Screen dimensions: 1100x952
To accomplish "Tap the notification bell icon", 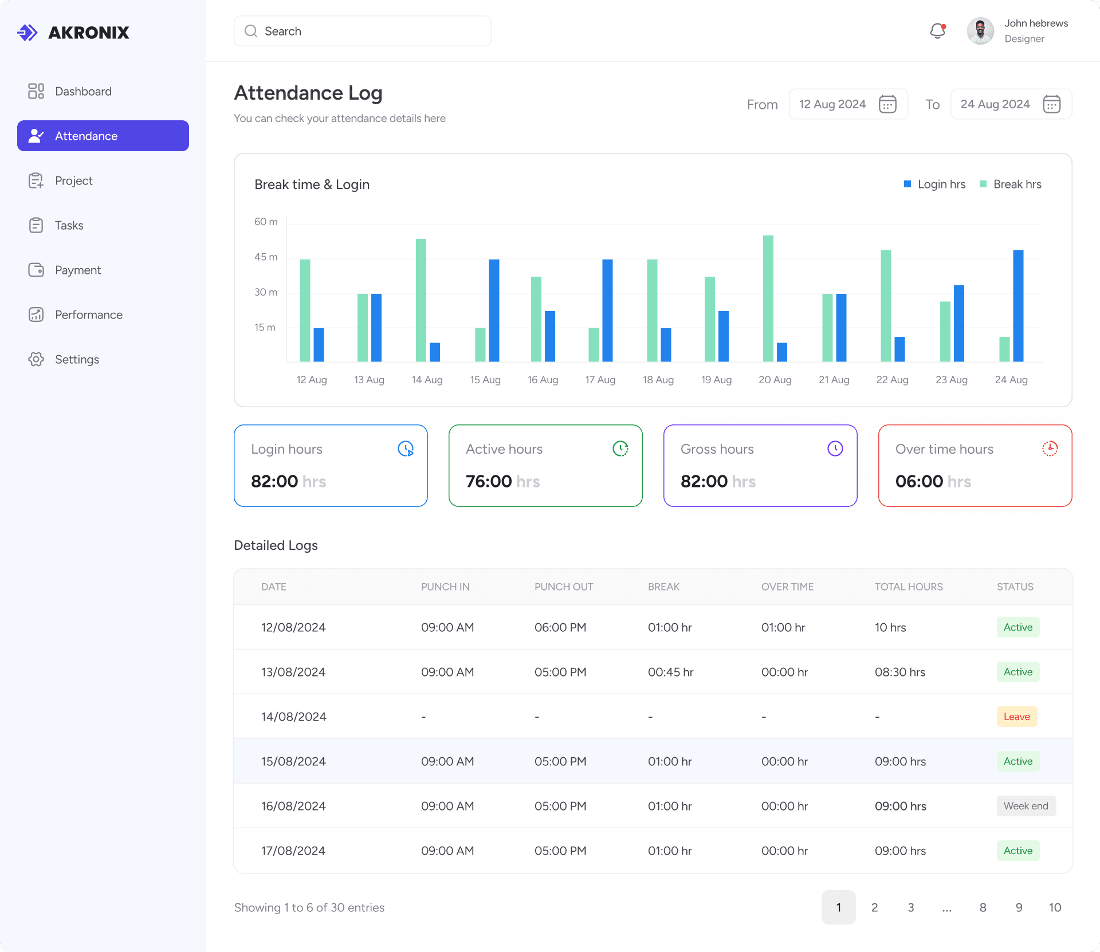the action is pyautogui.click(x=938, y=31).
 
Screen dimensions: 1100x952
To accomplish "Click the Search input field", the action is pyautogui.click(x=362, y=31).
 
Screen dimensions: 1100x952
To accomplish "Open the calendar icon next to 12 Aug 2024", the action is pyautogui.click(x=887, y=104).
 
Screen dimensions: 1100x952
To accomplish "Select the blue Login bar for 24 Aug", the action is pyautogui.click(x=1018, y=306).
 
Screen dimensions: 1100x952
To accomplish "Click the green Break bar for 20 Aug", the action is pyautogui.click(x=768, y=298).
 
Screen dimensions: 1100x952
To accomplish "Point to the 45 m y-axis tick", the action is pyautogui.click(x=266, y=257).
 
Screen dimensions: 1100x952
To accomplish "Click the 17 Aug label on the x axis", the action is pyautogui.click(x=600, y=380).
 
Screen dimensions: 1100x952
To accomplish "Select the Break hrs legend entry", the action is pyautogui.click(x=1011, y=184).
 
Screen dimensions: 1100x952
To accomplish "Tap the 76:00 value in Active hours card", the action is pyautogui.click(x=489, y=481).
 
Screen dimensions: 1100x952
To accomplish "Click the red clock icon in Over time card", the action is pyautogui.click(x=1050, y=449).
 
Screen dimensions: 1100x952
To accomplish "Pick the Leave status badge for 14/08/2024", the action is pyautogui.click(x=1017, y=717).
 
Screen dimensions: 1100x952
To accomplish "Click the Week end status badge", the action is pyautogui.click(x=1026, y=806).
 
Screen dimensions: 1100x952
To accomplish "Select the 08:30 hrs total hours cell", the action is pyautogui.click(x=900, y=672).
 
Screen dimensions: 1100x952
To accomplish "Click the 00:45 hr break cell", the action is pyautogui.click(x=671, y=672).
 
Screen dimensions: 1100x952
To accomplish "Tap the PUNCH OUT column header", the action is pyautogui.click(x=564, y=587).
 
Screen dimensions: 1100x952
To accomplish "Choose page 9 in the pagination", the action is pyautogui.click(x=1019, y=907).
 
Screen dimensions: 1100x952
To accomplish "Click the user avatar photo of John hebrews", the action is pyautogui.click(x=980, y=31).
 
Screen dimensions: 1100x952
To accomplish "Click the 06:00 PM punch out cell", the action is pyautogui.click(x=560, y=627).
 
